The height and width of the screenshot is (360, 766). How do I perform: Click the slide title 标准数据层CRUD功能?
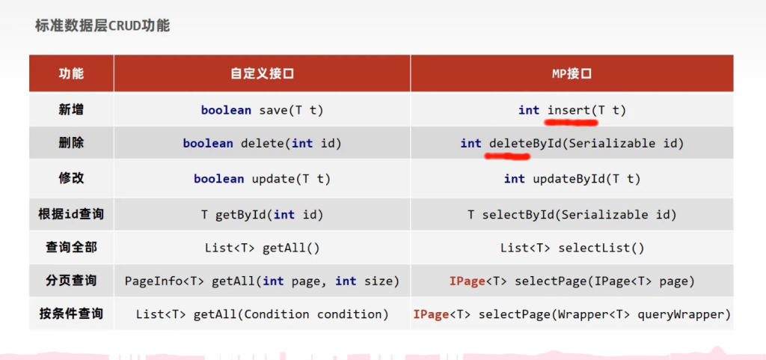(x=102, y=26)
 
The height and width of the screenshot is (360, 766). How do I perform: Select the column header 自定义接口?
(x=262, y=74)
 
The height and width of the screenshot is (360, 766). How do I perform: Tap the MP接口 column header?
(x=572, y=74)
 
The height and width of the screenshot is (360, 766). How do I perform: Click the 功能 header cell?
(x=71, y=74)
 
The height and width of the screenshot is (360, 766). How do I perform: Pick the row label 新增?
(x=71, y=110)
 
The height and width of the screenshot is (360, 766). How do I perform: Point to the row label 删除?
(x=71, y=143)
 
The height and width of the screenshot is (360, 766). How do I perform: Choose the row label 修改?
(x=71, y=178)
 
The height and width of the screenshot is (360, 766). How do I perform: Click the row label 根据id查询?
(x=71, y=214)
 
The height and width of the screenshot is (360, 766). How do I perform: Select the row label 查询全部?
(x=71, y=247)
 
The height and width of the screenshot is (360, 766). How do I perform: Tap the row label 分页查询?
(x=71, y=281)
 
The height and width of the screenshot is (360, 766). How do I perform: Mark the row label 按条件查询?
(x=71, y=314)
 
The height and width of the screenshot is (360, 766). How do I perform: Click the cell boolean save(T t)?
(x=262, y=110)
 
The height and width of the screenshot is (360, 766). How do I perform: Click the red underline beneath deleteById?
(x=507, y=156)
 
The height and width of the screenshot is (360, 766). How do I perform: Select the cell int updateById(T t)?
(x=572, y=179)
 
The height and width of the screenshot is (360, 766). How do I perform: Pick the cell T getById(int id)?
(x=262, y=215)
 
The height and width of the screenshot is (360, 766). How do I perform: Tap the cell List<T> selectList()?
(x=572, y=248)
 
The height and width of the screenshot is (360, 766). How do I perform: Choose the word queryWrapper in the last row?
(x=684, y=314)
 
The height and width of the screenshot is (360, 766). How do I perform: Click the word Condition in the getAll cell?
(x=277, y=314)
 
